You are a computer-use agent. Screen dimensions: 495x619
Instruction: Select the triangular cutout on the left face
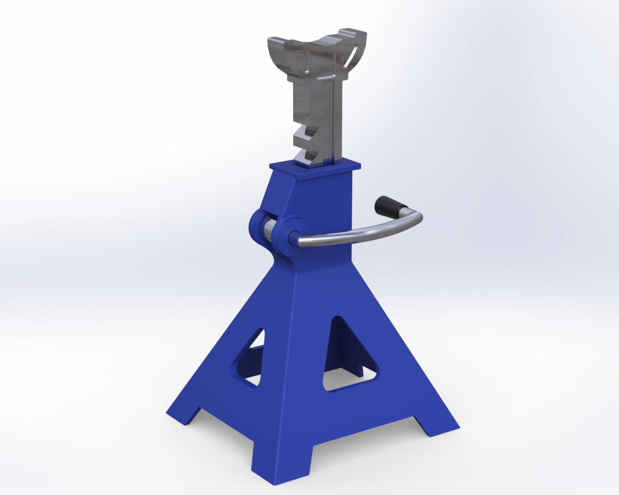click(x=250, y=357)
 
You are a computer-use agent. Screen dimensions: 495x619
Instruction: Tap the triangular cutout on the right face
click(x=348, y=357)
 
